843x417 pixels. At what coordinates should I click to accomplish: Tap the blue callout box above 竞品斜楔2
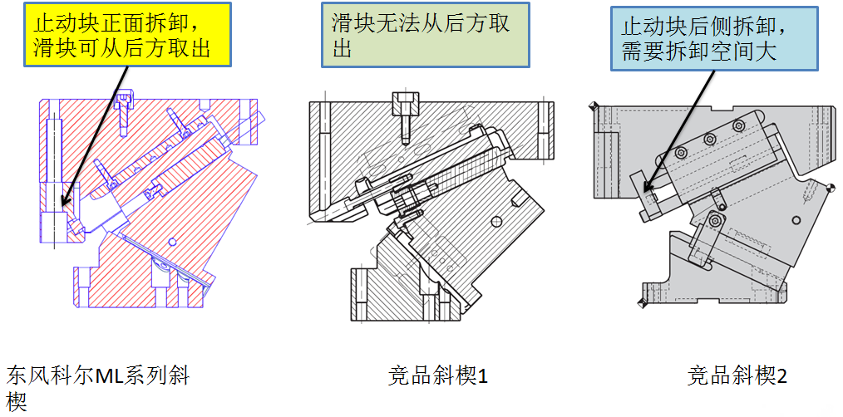click(x=714, y=38)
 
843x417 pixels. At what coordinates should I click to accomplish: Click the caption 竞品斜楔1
click(x=437, y=376)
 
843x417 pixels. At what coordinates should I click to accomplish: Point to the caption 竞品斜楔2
click(x=737, y=376)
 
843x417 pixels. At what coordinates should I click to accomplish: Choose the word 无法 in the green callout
click(x=390, y=23)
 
